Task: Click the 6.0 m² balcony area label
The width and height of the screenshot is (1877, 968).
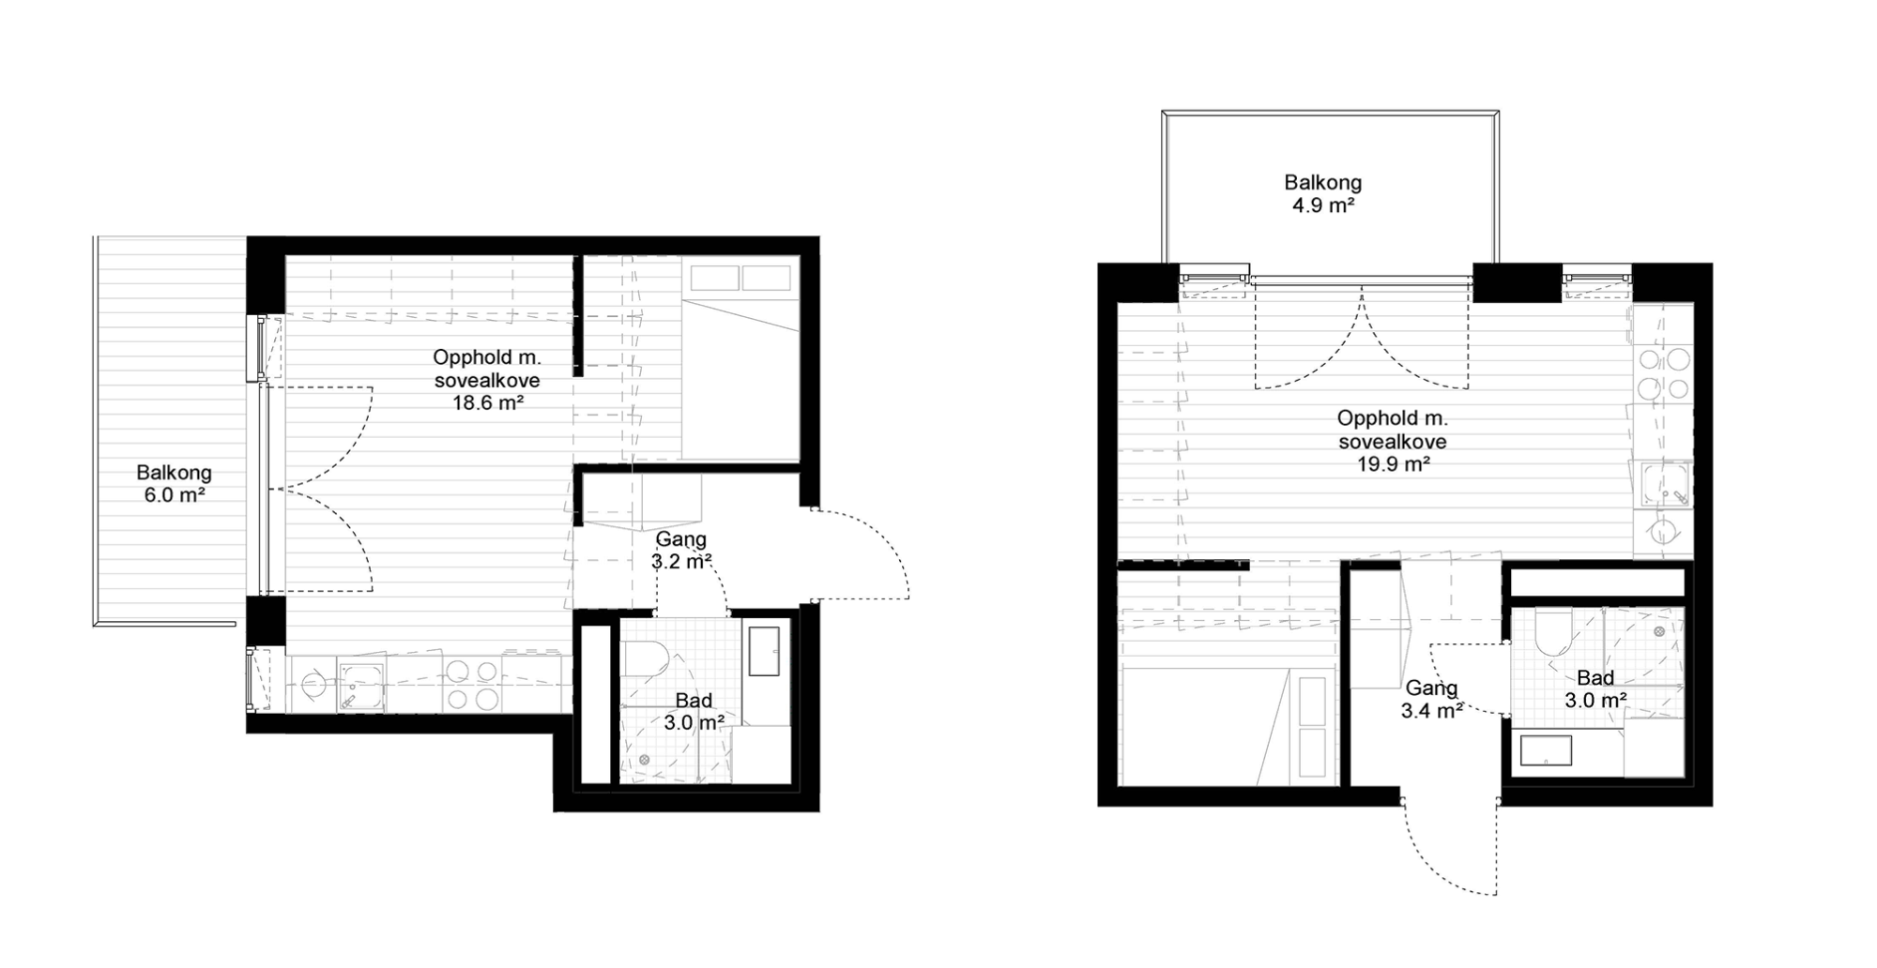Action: [175, 495]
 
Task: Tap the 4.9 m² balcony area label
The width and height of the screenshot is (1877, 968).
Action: [1323, 205]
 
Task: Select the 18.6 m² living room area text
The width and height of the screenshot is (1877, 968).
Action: [487, 403]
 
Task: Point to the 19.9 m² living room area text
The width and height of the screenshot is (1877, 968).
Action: [1394, 463]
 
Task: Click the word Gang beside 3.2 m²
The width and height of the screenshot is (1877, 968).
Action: [681, 539]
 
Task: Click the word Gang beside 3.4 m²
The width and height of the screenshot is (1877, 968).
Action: [1431, 688]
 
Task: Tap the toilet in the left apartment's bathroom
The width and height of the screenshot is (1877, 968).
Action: [645, 658]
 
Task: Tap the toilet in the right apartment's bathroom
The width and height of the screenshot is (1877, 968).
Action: [1553, 631]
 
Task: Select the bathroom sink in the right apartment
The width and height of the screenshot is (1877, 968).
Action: [1546, 750]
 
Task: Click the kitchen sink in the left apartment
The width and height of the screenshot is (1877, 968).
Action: [361, 685]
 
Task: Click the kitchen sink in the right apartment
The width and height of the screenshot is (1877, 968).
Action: [1664, 485]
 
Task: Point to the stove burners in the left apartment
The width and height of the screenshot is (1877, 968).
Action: [472, 685]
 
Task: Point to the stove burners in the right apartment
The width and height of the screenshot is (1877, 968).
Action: [1664, 373]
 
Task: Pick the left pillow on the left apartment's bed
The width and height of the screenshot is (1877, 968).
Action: [714, 278]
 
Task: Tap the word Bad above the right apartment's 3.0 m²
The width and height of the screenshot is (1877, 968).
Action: [1595, 677]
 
